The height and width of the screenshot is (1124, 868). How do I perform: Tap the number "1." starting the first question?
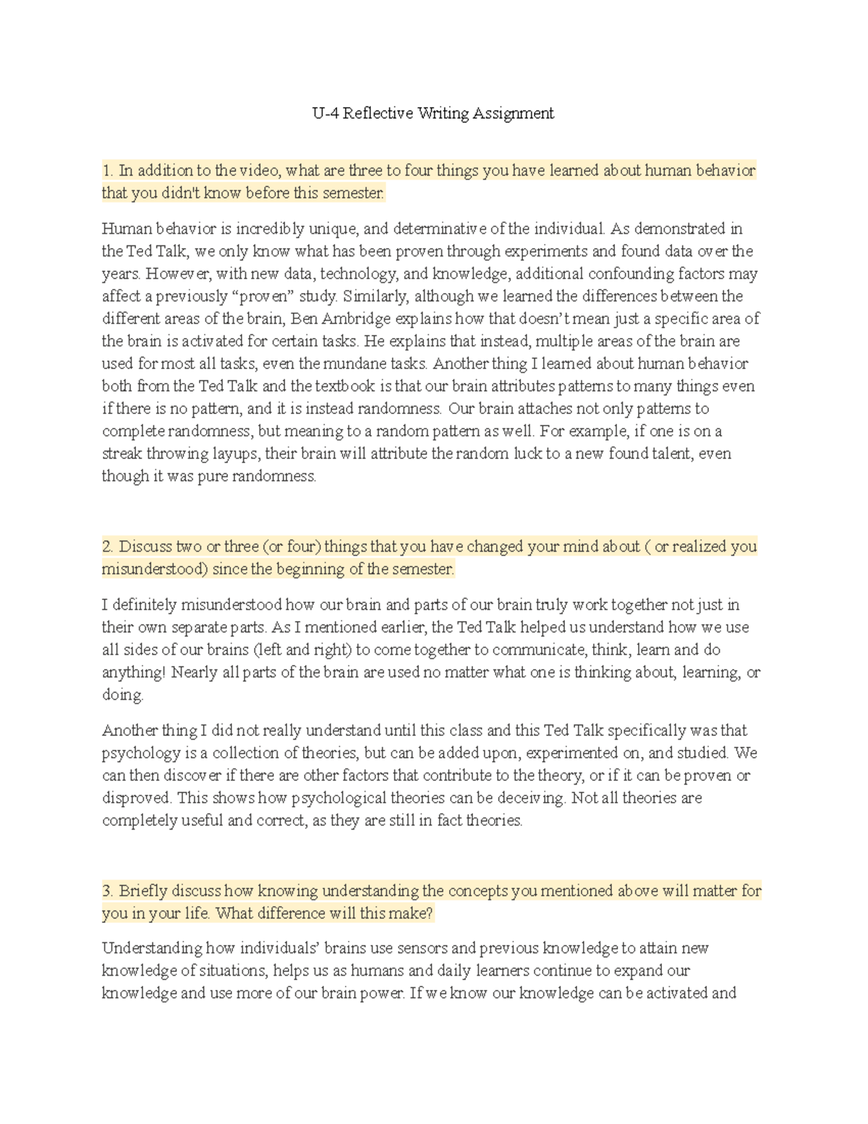tap(108, 171)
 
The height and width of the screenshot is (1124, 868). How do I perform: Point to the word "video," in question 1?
tap(261, 171)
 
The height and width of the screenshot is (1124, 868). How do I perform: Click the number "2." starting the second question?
tap(109, 546)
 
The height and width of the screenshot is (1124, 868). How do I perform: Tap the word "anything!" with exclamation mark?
tap(134, 672)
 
